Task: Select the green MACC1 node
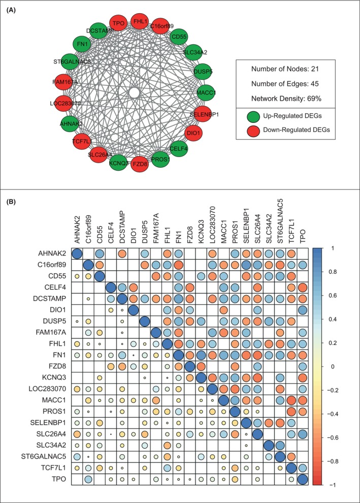[207, 93]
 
